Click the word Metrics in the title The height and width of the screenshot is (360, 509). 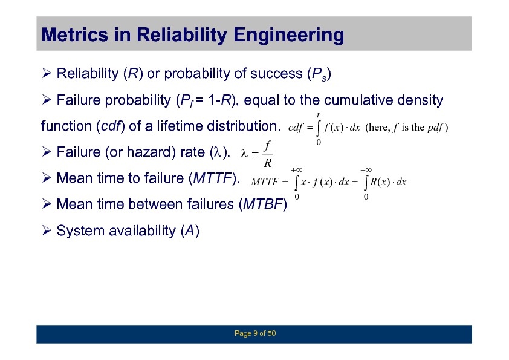75,34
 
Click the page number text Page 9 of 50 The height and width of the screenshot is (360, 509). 255,333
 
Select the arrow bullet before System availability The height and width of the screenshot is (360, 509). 47,231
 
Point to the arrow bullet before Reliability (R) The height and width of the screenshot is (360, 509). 47,73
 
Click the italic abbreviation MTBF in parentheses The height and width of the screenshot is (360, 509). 262,204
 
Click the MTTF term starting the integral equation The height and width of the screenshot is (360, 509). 265,182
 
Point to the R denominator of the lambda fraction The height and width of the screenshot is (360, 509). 267,163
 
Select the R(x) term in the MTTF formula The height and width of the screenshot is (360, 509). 380,182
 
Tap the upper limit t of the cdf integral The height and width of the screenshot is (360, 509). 319,115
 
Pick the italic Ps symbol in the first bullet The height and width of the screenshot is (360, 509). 319,74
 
